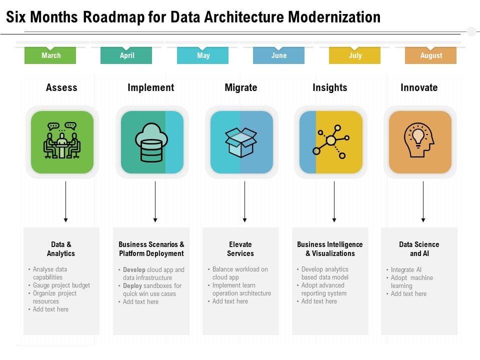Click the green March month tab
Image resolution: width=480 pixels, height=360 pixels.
click(x=50, y=55)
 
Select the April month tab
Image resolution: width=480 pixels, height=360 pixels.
click(x=126, y=55)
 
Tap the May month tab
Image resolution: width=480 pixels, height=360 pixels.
click(x=203, y=55)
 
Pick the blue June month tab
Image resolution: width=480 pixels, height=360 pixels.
click(x=278, y=55)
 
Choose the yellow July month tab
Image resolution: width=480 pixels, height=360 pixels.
click(x=355, y=55)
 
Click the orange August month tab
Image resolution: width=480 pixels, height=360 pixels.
click(x=431, y=55)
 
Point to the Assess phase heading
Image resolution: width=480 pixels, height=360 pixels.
click(x=61, y=87)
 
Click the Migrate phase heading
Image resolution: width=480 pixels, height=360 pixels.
click(x=240, y=87)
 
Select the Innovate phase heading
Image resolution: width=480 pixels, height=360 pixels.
click(x=419, y=87)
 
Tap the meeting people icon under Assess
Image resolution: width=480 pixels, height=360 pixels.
click(x=62, y=141)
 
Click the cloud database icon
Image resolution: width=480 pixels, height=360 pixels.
click(x=151, y=142)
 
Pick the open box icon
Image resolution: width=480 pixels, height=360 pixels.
click(x=241, y=142)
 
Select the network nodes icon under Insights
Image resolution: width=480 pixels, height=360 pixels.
click(x=330, y=142)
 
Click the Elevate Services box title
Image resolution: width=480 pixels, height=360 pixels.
click(x=240, y=249)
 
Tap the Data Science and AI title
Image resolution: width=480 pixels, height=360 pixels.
click(x=419, y=249)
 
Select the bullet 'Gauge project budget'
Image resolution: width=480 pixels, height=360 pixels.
click(x=61, y=285)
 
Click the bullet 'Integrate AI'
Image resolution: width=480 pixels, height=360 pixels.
click(x=406, y=269)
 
